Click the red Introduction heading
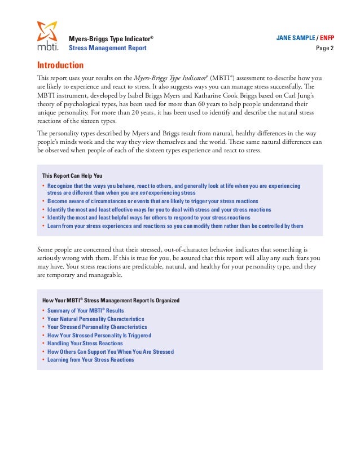[x=60, y=65]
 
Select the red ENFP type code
[x=327, y=38]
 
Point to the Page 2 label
[x=324, y=48]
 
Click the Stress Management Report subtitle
[x=107, y=48]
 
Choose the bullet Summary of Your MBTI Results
[x=86, y=311]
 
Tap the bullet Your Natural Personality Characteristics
[x=95, y=319]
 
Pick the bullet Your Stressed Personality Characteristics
[x=97, y=327]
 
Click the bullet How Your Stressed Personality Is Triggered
[x=99, y=335]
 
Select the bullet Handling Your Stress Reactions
[x=85, y=343]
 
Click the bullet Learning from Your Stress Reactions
[x=91, y=359]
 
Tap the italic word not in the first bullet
[x=144, y=192]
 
